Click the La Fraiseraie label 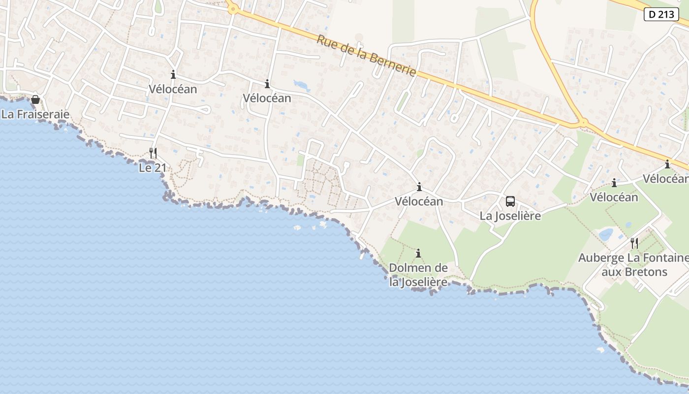(35, 114)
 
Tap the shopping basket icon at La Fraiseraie (35, 100)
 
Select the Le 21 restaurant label (153, 168)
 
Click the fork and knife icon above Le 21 (153, 153)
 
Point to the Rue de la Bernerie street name (366, 55)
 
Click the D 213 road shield (661, 14)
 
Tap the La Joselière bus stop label (510, 216)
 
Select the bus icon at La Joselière (510, 201)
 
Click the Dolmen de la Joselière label (418, 275)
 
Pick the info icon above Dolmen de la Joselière (418, 253)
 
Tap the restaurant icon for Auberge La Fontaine (634, 243)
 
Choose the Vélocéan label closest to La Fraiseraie (173, 89)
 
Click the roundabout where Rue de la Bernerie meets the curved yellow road (583, 122)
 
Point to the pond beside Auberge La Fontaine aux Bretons (606, 234)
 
